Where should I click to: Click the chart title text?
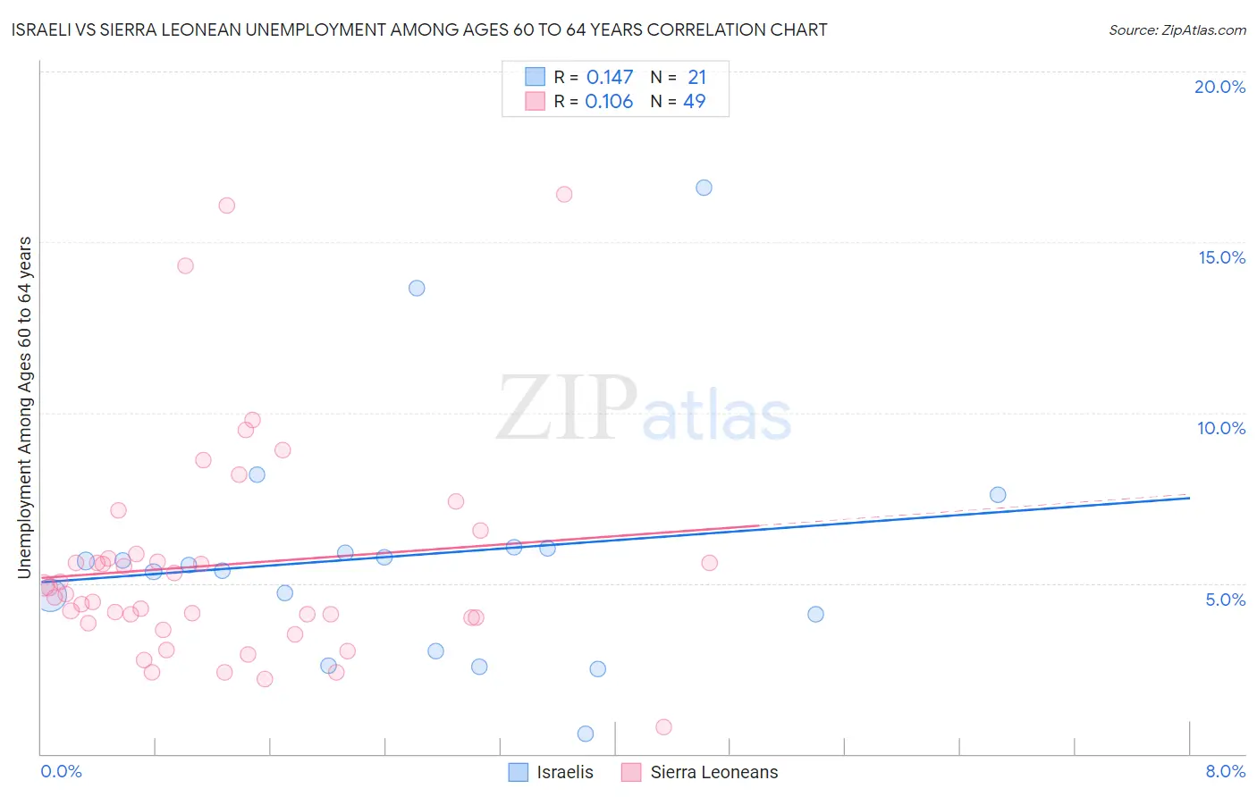(419, 29)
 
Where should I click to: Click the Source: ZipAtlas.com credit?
(1177, 29)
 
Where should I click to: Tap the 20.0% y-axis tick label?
(1219, 87)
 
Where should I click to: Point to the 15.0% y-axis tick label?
(1221, 257)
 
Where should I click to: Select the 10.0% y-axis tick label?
(1221, 428)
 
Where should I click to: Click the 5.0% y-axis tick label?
(1225, 600)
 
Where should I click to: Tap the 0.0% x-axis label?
(61, 771)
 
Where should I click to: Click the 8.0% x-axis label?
(1225, 771)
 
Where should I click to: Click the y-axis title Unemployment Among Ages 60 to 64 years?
(25, 407)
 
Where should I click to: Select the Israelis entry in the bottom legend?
(564, 772)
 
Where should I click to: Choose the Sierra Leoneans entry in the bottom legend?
(713, 772)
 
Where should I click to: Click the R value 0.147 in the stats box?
(610, 78)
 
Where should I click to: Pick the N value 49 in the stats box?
(695, 102)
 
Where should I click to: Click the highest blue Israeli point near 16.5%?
(704, 188)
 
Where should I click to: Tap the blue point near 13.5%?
(417, 288)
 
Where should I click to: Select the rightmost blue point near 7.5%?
(998, 495)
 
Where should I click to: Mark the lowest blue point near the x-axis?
(586, 734)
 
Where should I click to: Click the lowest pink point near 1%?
(663, 727)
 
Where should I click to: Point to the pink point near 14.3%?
(185, 265)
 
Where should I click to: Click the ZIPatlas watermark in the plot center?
(644, 408)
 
